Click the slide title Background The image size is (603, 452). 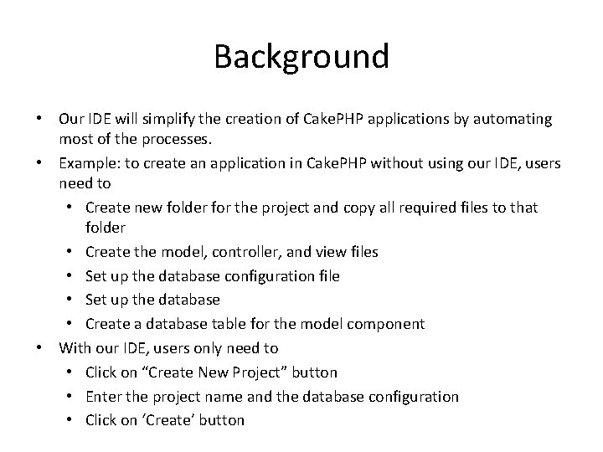point(301,57)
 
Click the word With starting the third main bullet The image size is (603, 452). point(75,347)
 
